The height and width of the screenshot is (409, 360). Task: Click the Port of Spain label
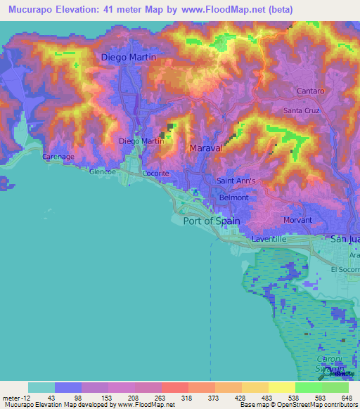tap(212, 221)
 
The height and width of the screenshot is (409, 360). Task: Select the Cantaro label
tap(310, 91)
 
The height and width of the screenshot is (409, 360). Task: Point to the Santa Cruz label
tap(302, 111)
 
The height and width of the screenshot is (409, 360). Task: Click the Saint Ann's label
tap(236, 181)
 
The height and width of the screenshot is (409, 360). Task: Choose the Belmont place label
tap(234, 197)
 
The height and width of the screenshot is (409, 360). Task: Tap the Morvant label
tap(297, 220)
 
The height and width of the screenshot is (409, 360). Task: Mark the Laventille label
tap(270, 239)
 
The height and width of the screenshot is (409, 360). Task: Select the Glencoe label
tap(103, 171)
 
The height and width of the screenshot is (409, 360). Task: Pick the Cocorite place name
tap(155, 173)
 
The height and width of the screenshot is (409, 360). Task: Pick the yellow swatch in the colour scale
tap(281, 387)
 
